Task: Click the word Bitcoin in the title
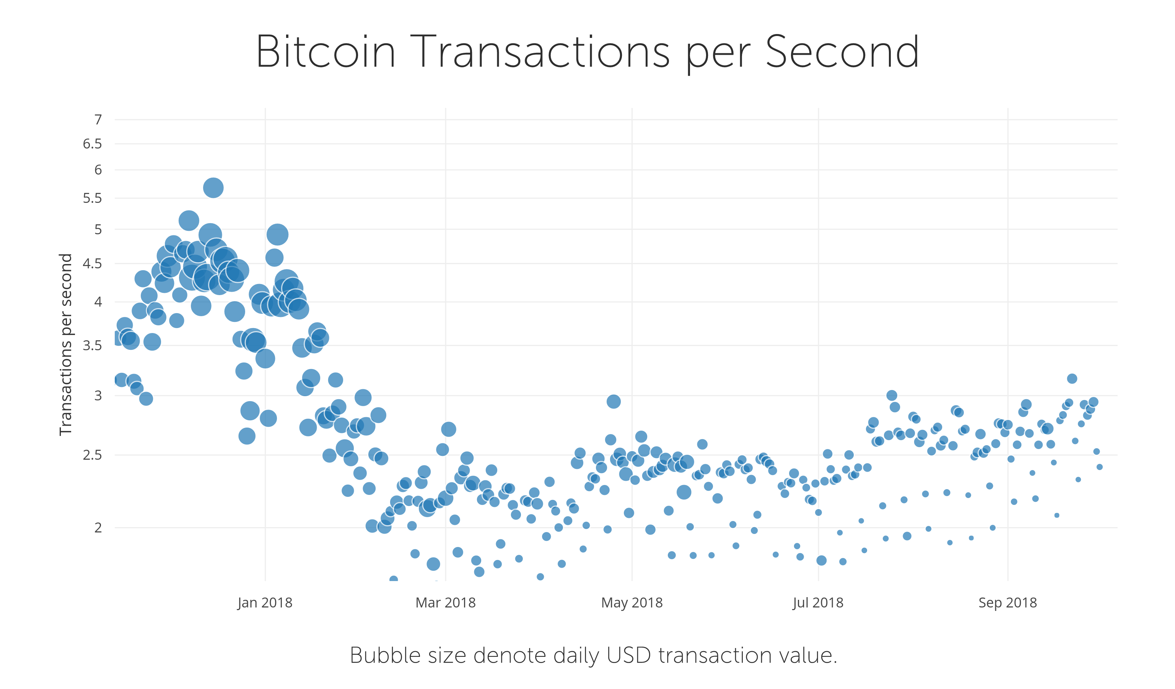click(x=325, y=52)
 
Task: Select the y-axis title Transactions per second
click(x=66, y=344)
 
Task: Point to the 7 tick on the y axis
click(x=98, y=120)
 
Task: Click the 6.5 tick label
click(x=92, y=144)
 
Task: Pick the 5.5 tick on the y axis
click(x=92, y=198)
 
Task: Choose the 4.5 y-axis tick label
click(x=92, y=264)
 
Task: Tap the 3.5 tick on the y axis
click(x=92, y=346)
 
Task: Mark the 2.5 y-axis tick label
click(x=92, y=455)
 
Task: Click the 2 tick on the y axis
click(x=98, y=527)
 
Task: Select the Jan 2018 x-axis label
click(x=265, y=603)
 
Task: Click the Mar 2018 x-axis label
click(x=445, y=603)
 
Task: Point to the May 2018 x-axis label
click(x=632, y=603)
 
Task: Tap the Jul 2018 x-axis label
click(x=818, y=603)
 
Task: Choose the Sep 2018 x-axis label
click(x=1007, y=603)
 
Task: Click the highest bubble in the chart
click(x=213, y=188)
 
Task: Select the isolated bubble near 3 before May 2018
click(x=614, y=401)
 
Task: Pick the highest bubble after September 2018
click(x=1072, y=378)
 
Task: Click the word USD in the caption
click(x=628, y=655)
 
